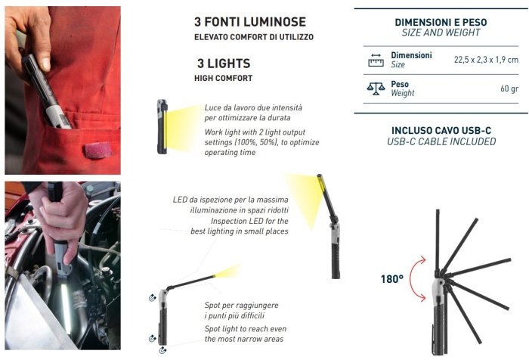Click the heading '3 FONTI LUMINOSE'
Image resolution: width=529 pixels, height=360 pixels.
point(250,22)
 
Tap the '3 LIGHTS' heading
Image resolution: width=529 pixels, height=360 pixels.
point(224,64)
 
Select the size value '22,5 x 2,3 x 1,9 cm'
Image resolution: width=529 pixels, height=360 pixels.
point(486,60)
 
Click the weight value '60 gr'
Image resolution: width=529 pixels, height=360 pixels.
point(509,88)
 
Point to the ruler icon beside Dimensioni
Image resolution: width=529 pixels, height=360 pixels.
point(376,60)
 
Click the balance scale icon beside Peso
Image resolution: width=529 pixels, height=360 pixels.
point(376,88)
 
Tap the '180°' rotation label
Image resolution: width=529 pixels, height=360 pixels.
point(391,279)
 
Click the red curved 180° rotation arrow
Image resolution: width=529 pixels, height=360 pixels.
point(412,279)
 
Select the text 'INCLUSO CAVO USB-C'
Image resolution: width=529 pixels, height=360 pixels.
point(441,131)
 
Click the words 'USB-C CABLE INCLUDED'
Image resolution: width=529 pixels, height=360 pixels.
point(441,142)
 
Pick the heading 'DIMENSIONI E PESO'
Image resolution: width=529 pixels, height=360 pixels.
point(441,22)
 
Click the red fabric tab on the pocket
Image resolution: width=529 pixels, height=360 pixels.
point(98,150)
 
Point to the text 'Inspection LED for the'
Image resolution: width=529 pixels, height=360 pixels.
point(249,221)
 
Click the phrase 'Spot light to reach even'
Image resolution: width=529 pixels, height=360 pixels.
point(246,329)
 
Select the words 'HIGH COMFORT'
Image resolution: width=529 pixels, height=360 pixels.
point(224,79)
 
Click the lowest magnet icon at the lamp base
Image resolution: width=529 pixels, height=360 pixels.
point(162,350)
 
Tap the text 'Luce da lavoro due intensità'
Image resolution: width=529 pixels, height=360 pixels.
point(253,107)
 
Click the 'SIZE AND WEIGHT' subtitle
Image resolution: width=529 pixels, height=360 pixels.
point(441,33)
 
